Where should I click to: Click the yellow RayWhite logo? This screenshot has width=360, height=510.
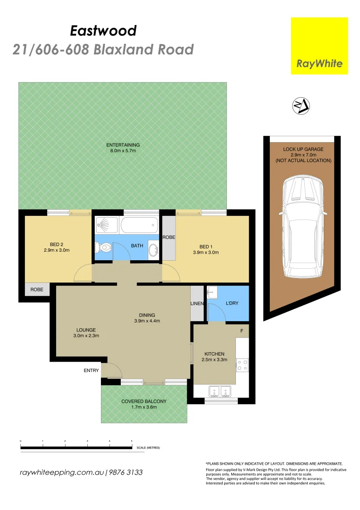[319, 46]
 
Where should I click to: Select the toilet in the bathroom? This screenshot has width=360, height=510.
[103, 247]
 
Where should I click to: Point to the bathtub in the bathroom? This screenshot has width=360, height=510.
[139, 225]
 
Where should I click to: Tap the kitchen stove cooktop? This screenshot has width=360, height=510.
[243, 365]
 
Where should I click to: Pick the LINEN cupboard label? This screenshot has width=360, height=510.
[197, 303]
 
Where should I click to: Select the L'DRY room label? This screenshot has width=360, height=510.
[232, 303]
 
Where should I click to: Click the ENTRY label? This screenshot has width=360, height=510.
[91, 371]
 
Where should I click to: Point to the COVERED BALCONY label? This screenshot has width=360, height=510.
[144, 401]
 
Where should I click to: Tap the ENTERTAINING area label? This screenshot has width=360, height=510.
[123, 145]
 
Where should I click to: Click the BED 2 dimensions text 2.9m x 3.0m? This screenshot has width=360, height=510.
[56, 250]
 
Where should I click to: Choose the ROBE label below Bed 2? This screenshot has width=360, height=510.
[37, 289]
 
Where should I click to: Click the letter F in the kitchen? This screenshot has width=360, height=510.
[242, 331]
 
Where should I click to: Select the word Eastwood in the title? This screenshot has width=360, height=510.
[103, 31]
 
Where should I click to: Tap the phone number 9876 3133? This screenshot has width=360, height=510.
[126, 472]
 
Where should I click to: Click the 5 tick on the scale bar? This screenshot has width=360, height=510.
[132, 441]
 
